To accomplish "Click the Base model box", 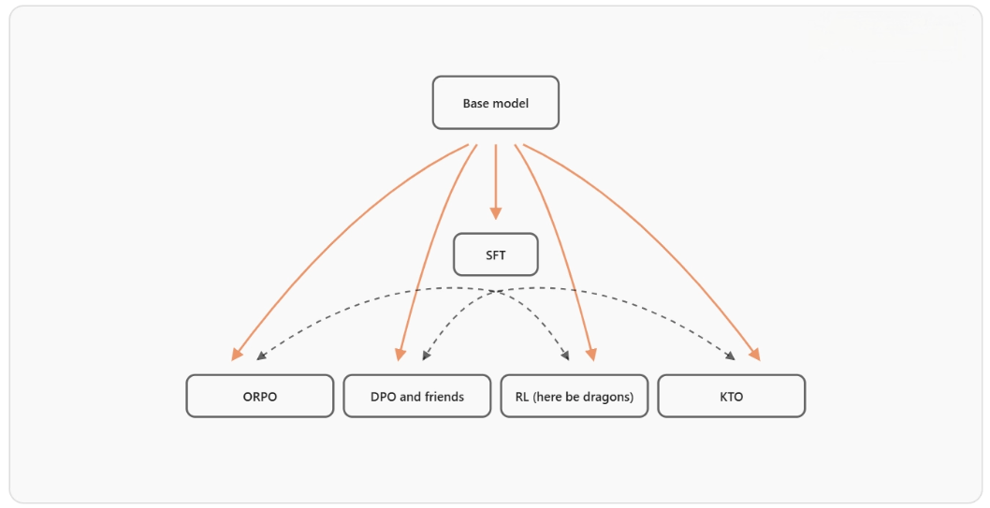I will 495,103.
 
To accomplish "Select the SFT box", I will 495,254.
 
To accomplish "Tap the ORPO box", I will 259,397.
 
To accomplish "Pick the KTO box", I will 731,397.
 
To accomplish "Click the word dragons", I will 606,397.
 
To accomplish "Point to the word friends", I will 444,397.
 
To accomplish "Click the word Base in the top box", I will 477,103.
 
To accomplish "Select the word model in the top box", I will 512,103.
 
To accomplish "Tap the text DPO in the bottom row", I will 384,397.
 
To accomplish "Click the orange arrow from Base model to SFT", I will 495,178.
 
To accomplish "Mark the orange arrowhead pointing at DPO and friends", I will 400,354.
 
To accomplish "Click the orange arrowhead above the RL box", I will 590,354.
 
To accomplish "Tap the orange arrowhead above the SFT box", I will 495,213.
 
